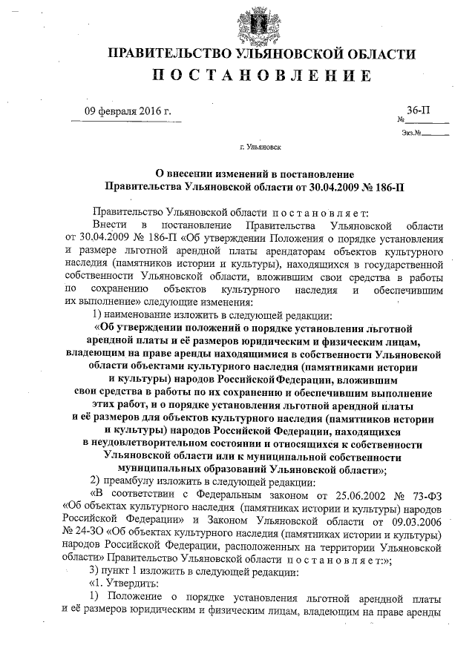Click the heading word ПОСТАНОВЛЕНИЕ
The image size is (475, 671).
(262, 76)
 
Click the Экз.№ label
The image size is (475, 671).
(411, 133)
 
